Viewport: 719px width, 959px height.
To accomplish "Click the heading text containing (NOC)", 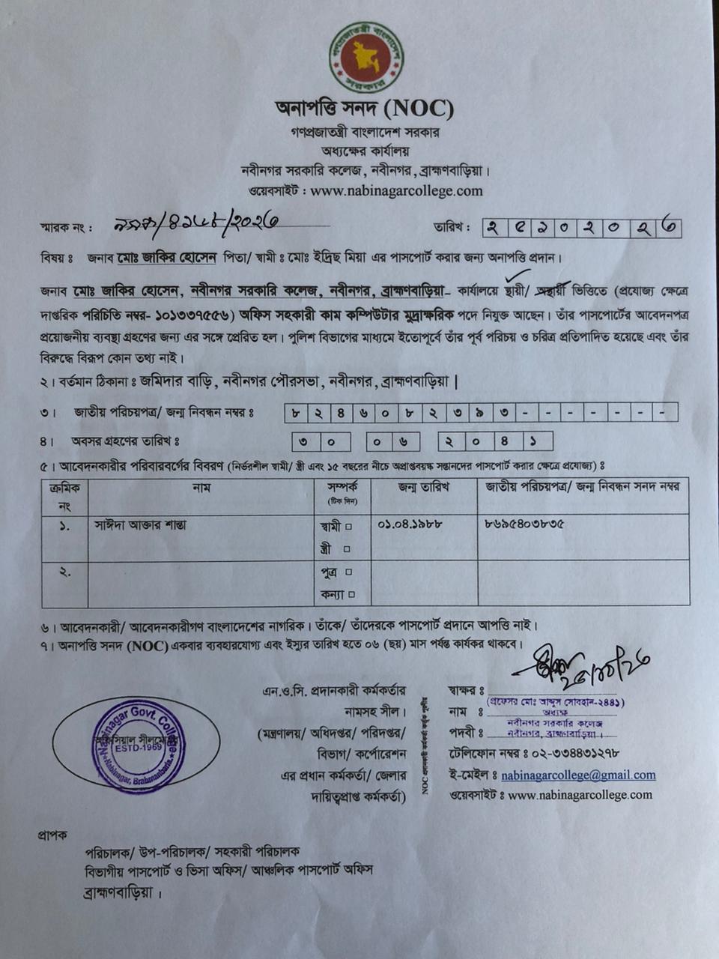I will (x=365, y=109).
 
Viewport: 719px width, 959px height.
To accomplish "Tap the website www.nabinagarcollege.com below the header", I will (x=396, y=190).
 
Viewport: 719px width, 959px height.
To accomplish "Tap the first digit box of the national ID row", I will (x=297, y=412).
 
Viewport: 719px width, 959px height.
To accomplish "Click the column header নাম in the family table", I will (x=201, y=488).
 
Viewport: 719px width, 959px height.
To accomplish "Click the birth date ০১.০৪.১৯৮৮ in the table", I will (x=410, y=524).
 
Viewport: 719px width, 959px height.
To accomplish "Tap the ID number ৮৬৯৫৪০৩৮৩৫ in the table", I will (x=525, y=524).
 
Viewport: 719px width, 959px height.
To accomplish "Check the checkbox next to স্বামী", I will (x=348, y=527).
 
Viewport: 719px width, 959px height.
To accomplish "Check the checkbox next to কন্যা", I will (x=351, y=596).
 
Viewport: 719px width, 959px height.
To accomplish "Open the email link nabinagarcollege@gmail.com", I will (x=578, y=775).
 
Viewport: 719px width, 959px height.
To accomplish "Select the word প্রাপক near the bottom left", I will (x=52, y=834).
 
